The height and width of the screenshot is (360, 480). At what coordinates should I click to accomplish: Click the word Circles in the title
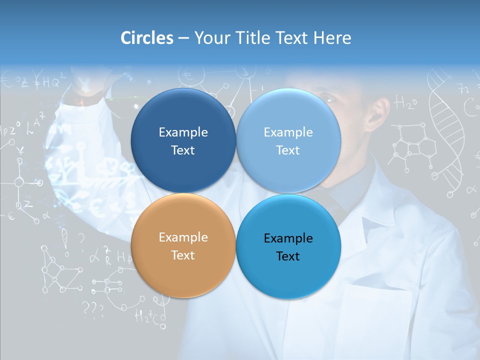pos(147,38)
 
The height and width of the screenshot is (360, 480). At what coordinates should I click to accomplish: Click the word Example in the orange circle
pos(183,237)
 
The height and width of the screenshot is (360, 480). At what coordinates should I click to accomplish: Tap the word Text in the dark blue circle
pos(183,150)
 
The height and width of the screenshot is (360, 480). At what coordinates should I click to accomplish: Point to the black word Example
pos(288,238)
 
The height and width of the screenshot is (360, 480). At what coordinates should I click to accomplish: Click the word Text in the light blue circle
pos(288,150)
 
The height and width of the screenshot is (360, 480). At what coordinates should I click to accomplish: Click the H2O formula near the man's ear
pos(406,103)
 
